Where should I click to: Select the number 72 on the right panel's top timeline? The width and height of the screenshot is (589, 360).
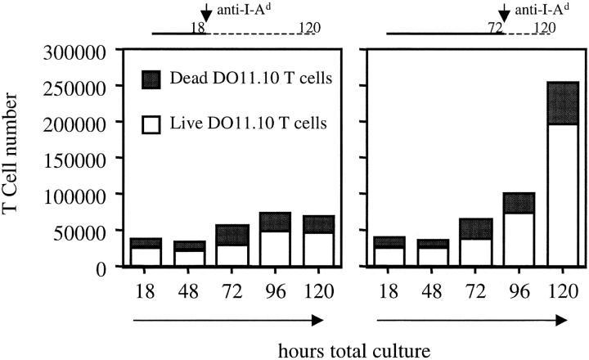click(x=494, y=27)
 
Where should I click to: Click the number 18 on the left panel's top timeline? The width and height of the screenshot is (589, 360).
click(x=197, y=27)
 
